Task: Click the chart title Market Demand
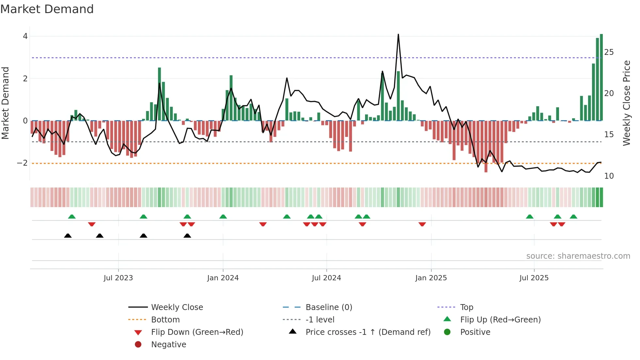coord(47,9)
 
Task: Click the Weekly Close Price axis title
coord(626,103)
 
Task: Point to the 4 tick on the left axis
coord(25,36)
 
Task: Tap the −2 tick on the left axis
coord(22,163)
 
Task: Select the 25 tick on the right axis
coord(609,52)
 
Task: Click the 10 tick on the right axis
coord(609,176)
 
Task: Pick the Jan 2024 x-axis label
coord(223,278)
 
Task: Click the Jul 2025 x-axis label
coord(534,278)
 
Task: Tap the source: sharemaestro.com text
coord(578,256)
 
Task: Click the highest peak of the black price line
coord(398,35)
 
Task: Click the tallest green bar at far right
coord(601,77)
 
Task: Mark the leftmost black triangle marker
coord(68,236)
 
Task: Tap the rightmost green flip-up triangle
coord(573,217)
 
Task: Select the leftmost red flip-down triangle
coord(92,224)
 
